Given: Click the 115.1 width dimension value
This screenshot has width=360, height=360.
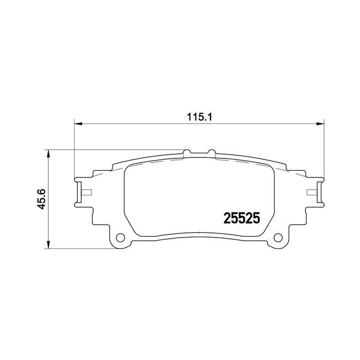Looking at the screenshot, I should pyautogui.click(x=196, y=117).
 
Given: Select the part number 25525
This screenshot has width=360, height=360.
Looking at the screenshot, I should pyautogui.click(x=241, y=218).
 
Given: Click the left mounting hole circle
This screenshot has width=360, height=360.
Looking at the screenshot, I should pyautogui.click(x=121, y=238).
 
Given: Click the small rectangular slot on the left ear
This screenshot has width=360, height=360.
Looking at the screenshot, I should pyautogui.click(x=86, y=193).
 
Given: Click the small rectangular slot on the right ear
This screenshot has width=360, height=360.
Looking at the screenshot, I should pyautogui.click(x=311, y=193).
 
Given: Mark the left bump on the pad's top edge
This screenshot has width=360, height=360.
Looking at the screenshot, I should pyautogui.click(x=188, y=152).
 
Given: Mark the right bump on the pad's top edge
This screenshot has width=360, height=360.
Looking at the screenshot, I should pyautogui.click(x=210, y=152).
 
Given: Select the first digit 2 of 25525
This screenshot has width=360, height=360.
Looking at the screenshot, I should pyautogui.click(x=226, y=218).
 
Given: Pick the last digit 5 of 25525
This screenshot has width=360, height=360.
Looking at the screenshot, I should pyautogui.click(x=256, y=218).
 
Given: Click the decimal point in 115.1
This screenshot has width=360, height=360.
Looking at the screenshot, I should pyautogui.click(x=201, y=119).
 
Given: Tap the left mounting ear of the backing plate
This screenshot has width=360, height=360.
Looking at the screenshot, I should pyautogui.click(x=82, y=191).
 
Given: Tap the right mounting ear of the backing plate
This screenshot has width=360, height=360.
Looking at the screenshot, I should pyautogui.click(x=316, y=191).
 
